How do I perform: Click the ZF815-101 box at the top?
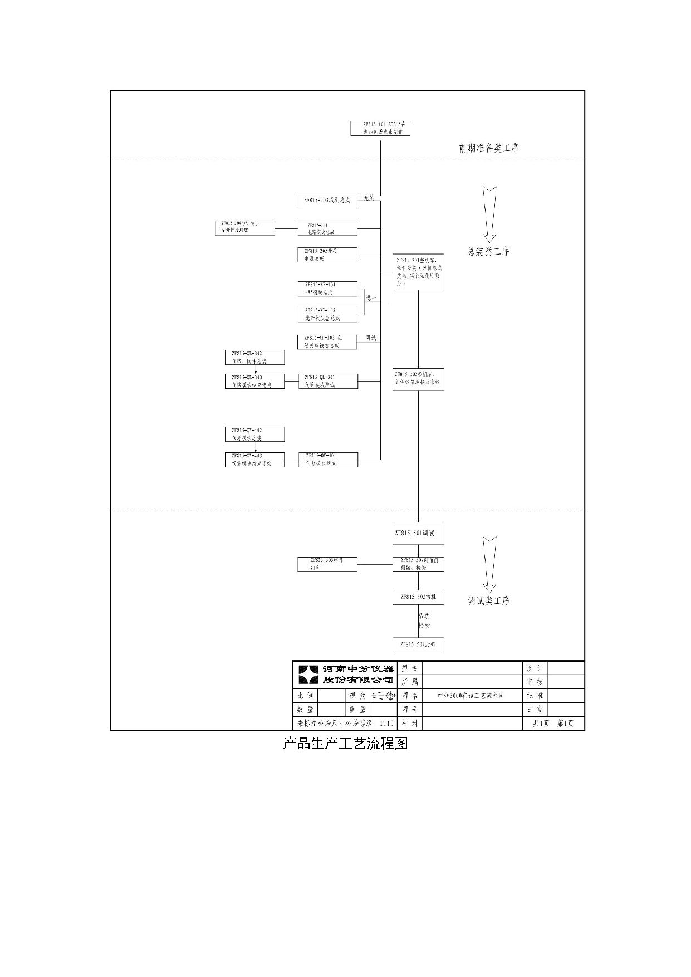[380, 128]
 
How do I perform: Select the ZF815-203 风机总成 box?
[327, 201]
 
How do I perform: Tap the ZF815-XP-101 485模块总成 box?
[327, 289]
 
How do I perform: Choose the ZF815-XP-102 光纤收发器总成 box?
[327, 314]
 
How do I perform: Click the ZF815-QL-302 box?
[254, 358]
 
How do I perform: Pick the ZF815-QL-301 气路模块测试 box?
[328, 381]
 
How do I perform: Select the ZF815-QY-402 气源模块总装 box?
[254, 434]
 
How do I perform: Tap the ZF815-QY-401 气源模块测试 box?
[328, 460]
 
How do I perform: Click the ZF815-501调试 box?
[418, 534]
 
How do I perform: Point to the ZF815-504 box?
[418, 644]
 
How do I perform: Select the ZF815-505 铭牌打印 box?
[327, 564]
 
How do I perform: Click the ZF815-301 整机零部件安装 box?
[418, 272]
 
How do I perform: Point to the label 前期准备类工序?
[489, 148]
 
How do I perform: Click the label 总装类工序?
[488, 252]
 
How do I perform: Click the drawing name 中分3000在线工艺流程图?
[471, 696]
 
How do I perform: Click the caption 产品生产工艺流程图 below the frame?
[345, 744]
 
